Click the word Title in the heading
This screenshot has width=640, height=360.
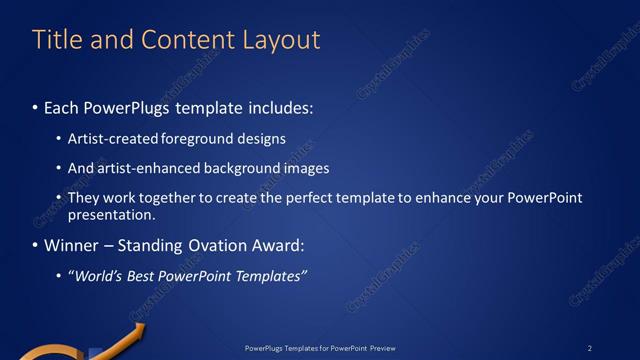pos(59,40)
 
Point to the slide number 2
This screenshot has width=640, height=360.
pos(589,347)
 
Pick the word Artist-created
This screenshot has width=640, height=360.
pos(108,138)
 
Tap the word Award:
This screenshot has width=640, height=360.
pos(271,245)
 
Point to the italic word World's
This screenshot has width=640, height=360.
pos(98,276)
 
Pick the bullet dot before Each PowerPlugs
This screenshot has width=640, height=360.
pos(35,106)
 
